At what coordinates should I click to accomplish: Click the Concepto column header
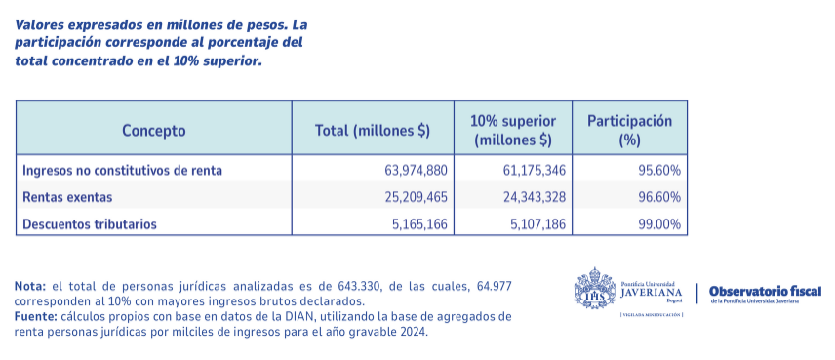click(x=153, y=130)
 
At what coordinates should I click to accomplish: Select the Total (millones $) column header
click(x=373, y=130)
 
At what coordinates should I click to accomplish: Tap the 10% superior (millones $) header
click(x=513, y=130)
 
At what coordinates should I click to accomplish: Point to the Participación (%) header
click(x=629, y=130)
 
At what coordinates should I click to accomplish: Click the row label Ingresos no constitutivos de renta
click(x=123, y=170)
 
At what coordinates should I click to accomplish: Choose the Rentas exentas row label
click(x=67, y=197)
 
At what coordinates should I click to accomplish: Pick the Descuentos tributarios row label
click(x=90, y=224)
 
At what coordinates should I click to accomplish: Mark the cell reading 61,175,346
click(x=534, y=170)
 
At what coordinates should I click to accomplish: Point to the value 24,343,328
click(x=534, y=197)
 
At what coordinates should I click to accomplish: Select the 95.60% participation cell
click(x=660, y=170)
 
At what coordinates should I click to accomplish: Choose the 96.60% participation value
click(x=660, y=197)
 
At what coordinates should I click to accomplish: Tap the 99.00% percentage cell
click(x=660, y=224)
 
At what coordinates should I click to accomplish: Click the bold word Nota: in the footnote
click(x=30, y=286)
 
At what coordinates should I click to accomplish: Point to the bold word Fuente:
click(x=35, y=317)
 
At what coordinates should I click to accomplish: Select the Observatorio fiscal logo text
click(x=765, y=292)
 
